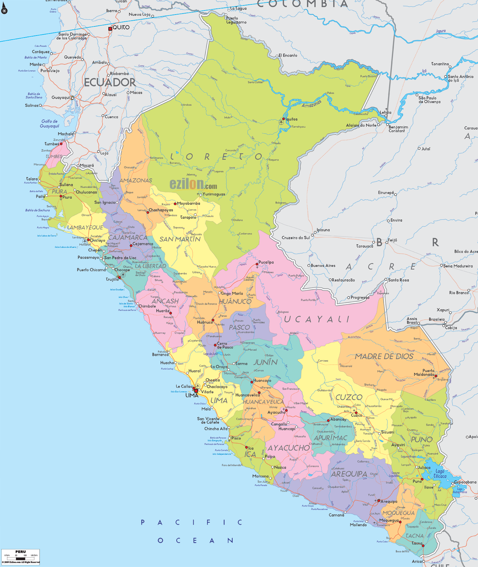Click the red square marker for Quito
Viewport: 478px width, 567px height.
point(110,29)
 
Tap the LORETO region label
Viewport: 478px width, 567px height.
point(216,156)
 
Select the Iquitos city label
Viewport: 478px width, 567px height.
point(291,119)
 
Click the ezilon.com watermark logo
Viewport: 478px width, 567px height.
point(193,184)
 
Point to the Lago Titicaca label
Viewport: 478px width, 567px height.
point(440,474)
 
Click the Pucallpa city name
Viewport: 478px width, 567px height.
point(266,262)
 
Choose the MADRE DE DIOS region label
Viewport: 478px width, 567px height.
point(384,356)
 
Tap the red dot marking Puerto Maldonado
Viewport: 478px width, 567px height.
point(436,376)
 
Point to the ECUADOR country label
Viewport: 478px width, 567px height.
point(109,82)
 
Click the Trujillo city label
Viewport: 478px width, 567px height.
point(112,279)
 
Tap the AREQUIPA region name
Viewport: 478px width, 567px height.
point(349,474)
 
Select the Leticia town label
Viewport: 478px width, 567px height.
point(385,112)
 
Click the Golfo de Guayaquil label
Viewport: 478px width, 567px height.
point(49,124)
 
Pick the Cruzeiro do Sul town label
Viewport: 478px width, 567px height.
point(296,238)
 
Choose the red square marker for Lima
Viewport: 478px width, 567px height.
point(196,391)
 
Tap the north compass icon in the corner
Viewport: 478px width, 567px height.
point(4,10)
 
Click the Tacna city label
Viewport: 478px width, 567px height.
point(417,543)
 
